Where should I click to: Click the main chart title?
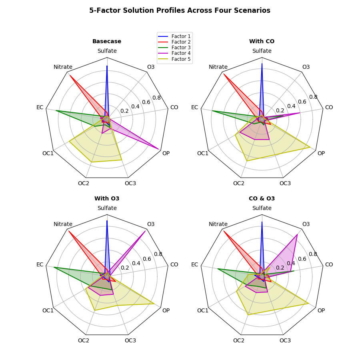tap(180, 10)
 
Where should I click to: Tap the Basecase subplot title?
tap(107, 41)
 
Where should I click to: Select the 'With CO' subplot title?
tap(262, 41)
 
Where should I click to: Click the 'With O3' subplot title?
tap(107, 198)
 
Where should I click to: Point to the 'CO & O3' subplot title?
tap(262, 198)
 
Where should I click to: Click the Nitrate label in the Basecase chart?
tap(63, 67)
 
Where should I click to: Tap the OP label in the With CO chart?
tap(321, 153)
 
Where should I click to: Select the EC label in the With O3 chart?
tap(40, 264)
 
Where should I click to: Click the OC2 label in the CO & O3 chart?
tap(238, 340)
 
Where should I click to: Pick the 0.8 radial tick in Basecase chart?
tap(156, 98)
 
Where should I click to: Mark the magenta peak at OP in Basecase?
tap(159, 149)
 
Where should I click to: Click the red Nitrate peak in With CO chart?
tap(224, 74)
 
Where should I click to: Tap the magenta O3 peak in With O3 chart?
tap(145, 231)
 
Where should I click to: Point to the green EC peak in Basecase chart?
tap(56, 111)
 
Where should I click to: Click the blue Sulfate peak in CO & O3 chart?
tap(262, 222)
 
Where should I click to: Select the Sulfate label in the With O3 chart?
tap(107, 208)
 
